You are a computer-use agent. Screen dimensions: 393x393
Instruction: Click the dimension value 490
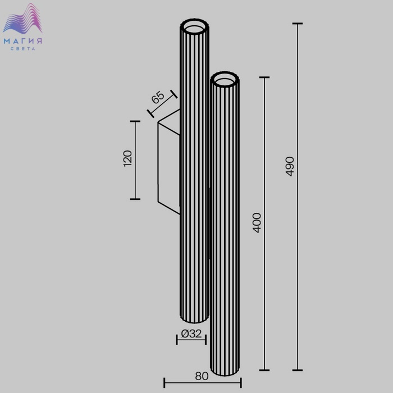pos(290,166)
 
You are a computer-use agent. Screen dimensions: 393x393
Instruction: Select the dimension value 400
pos(257,223)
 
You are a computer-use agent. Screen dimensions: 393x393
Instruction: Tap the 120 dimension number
pos(127,158)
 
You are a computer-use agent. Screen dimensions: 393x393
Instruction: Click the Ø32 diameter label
pos(191,333)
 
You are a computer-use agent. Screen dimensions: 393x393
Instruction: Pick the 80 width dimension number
pos(202,376)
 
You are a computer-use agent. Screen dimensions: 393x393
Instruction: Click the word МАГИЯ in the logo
pos(23,41)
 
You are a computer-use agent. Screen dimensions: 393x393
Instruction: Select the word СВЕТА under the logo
pos(23,49)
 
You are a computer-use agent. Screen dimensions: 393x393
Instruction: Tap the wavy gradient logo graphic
pos(23,19)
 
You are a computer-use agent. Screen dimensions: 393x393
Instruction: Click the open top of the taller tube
pos(194,26)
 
